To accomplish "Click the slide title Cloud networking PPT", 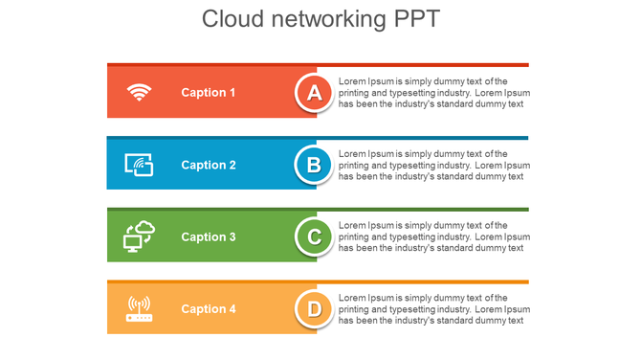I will pos(320,19).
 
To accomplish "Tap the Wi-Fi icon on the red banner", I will pos(140,93).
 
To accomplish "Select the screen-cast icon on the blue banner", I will pos(140,165).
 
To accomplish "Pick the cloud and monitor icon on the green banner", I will pos(140,236).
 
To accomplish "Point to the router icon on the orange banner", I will pos(140,308).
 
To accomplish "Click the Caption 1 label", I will pos(209,93).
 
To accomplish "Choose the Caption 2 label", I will pos(209,165).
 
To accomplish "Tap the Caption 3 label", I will pos(209,236).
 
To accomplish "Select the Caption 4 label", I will pos(209,308).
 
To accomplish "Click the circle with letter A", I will pos(313,93).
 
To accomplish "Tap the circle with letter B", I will pos(313,165).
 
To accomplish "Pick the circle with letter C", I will pos(313,236).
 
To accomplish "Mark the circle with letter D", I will pos(313,308).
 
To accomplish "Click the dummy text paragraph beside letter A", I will pos(433,93).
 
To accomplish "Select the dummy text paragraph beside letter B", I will pos(433,165).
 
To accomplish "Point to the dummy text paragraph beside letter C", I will pos(433,236).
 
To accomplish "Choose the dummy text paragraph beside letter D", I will pos(433,308).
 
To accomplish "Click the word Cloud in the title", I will pos(232,19).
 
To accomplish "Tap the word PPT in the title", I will pos(417,19).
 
